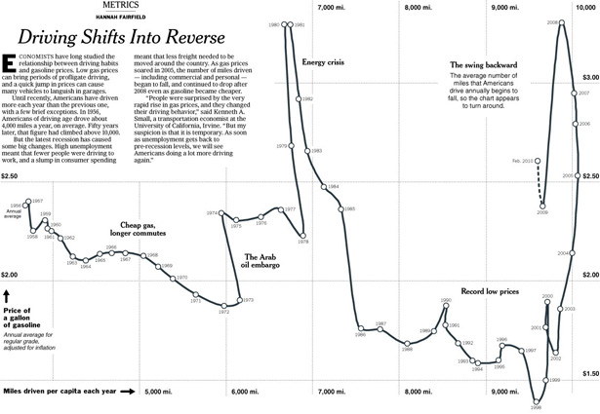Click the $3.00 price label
coord(589,76)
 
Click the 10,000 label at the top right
coord(585,7)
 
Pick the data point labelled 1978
coord(303,234)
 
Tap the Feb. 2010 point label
coord(523,160)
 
